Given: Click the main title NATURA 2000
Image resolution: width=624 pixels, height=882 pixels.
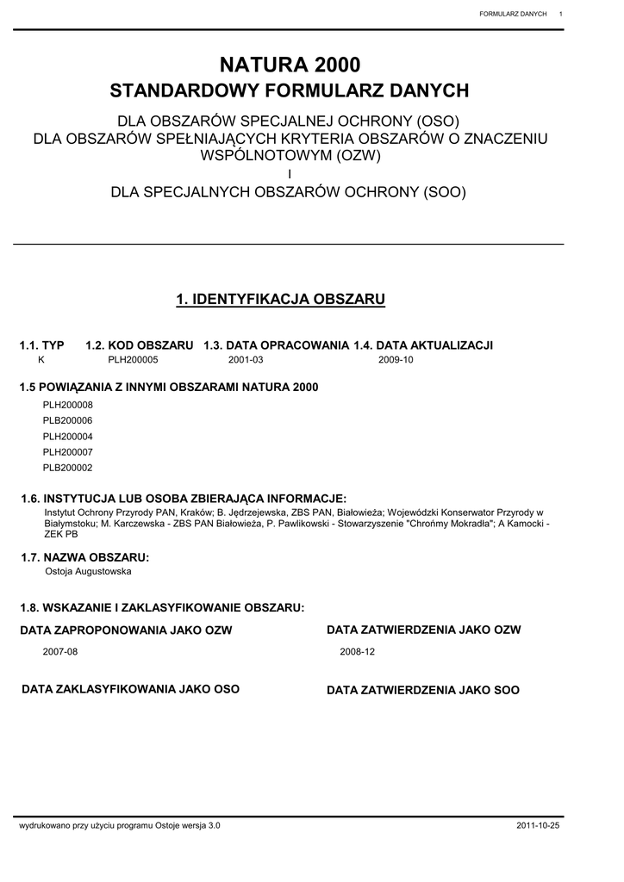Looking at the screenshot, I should pyautogui.click(x=290, y=64).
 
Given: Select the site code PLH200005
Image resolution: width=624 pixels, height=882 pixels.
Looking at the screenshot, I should pyautogui.click(x=133, y=360).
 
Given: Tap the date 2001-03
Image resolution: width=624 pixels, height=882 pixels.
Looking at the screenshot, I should pyautogui.click(x=246, y=360).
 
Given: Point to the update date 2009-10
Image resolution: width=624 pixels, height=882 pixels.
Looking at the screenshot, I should pyautogui.click(x=396, y=360).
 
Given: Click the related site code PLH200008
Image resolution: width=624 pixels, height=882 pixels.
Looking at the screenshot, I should pyautogui.click(x=67, y=405).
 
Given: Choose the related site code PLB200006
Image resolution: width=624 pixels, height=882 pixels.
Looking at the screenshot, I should pyautogui.click(x=67, y=420).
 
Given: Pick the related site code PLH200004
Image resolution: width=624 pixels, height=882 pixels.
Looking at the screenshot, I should pyautogui.click(x=67, y=437).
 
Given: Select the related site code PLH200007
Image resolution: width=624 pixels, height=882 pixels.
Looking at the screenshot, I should pyautogui.click(x=67, y=452).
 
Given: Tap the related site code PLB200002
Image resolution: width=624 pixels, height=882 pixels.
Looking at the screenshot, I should pyautogui.click(x=67, y=468).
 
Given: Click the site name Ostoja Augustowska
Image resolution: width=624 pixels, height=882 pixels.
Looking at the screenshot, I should pyautogui.click(x=88, y=571).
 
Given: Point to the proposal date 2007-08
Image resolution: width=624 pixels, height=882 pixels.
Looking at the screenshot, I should pyautogui.click(x=60, y=652).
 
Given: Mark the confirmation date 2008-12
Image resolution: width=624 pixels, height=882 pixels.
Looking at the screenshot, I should pyautogui.click(x=358, y=652).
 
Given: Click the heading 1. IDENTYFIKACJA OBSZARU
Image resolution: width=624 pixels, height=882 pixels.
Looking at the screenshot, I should pyautogui.click(x=280, y=299).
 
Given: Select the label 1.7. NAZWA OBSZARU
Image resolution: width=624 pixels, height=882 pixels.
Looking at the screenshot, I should pyautogui.click(x=84, y=558).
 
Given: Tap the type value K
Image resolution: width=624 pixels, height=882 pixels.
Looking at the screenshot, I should pyautogui.click(x=41, y=360).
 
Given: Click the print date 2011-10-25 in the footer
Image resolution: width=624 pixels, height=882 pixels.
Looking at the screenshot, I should pyautogui.click(x=538, y=825).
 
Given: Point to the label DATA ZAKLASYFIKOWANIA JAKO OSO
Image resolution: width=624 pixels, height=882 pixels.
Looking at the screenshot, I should pyautogui.click(x=130, y=689).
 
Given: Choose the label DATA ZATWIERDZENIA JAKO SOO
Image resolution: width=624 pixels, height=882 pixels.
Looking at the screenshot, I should pyautogui.click(x=423, y=691).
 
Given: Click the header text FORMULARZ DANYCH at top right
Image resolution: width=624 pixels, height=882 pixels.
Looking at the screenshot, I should pyautogui.click(x=513, y=14).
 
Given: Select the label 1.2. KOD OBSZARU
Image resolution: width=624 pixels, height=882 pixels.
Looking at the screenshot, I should pyautogui.click(x=140, y=345).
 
